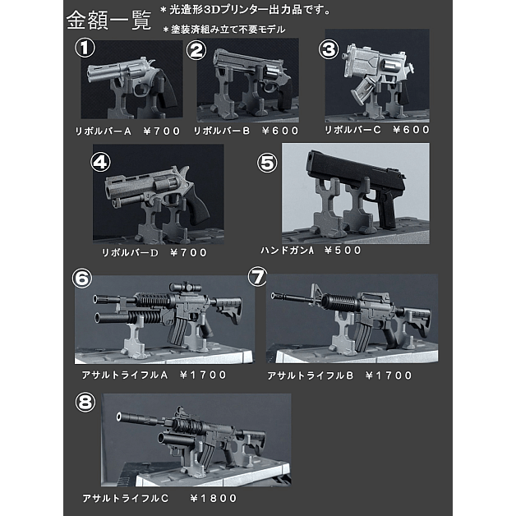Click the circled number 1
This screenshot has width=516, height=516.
tap(85, 48)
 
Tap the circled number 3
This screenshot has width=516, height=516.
tap(329, 49)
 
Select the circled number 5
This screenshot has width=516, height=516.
tap(267, 163)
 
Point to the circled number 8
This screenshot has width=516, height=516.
tap(85, 403)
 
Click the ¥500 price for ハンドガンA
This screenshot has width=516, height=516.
tap(343, 251)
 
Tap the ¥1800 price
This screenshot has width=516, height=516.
tap(214, 499)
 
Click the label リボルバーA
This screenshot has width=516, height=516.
tap(103, 131)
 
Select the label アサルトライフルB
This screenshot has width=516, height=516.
tap(310, 375)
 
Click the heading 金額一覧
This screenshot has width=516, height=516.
tap(109, 21)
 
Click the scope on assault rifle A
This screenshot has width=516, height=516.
tap(185, 287)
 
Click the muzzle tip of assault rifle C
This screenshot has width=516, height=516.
tap(119, 417)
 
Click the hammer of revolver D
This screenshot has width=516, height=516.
tap(185, 172)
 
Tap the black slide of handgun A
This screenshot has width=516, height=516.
tap(355, 174)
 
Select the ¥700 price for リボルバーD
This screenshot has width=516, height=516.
tap(188, 253)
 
